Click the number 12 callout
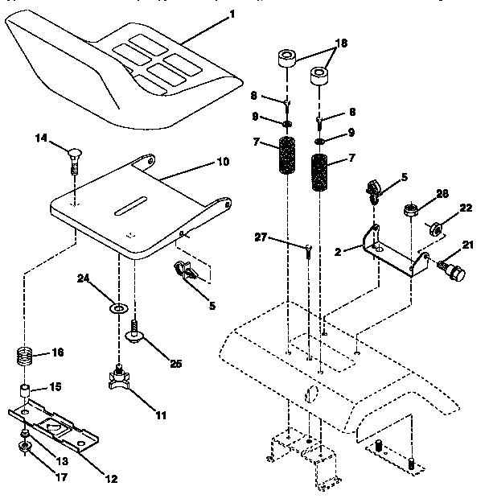(x=110, y=480)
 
